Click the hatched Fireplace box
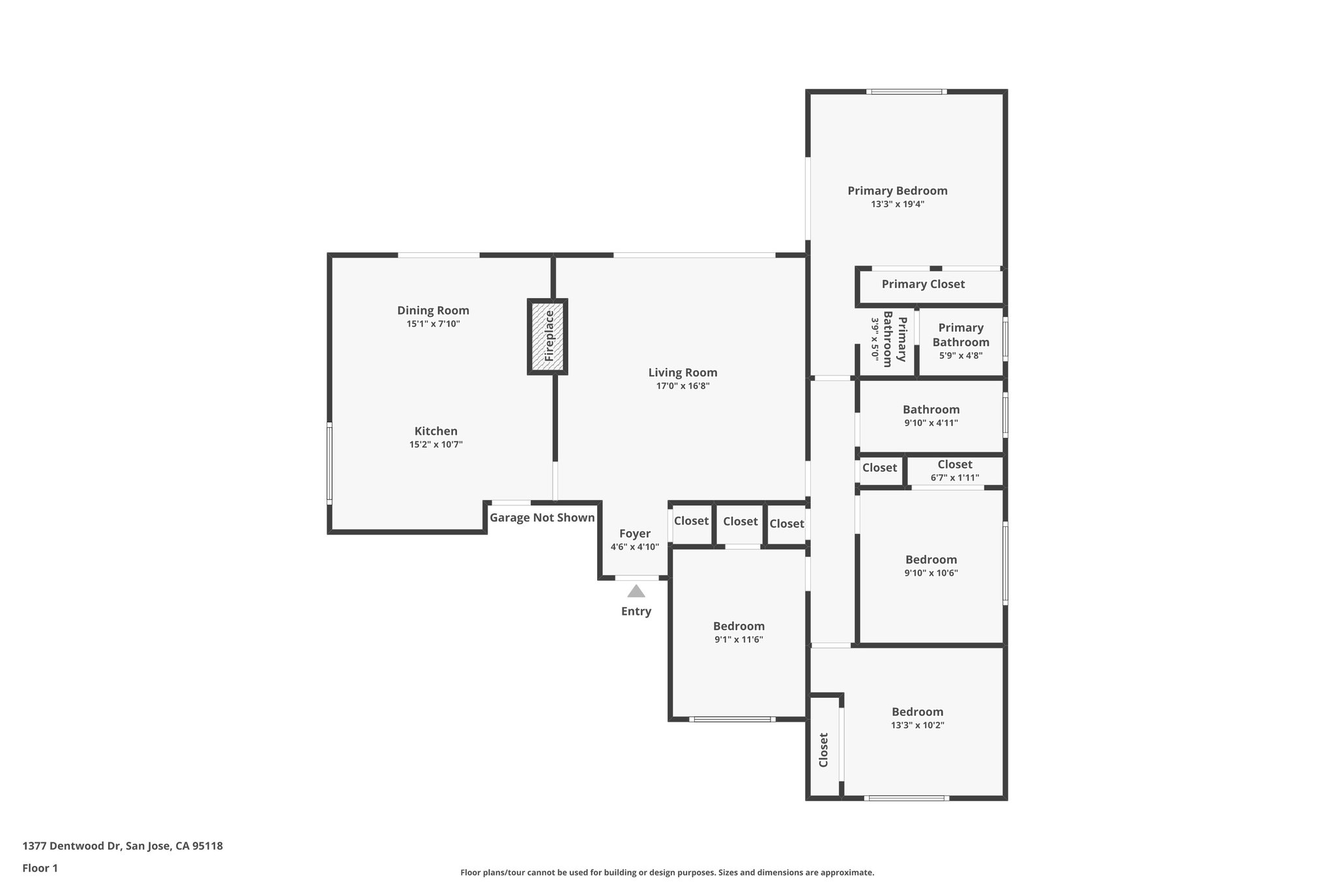click(x=547, y=336)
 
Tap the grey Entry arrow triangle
click(x=636, y=591)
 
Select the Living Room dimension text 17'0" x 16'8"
click(x=682, y=386)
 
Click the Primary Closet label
click(x=923, y=284)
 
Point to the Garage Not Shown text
click(x=542, y=518)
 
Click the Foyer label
click(x=634, y=533)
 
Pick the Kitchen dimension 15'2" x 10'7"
click(x=435, y=445)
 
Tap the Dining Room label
click(x=433, y=310)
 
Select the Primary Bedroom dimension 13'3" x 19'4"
click(x=897, y=204)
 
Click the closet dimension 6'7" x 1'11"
click(x=954, y=478)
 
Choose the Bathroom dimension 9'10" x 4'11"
click(x=930, y=423)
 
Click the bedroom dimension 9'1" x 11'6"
click(x=739, y=640)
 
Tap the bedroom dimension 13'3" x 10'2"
click(x=917, y=725)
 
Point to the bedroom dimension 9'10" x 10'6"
click(x=931, y=573)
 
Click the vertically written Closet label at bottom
click(x=823, y=750)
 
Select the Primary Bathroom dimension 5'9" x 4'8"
click(x=960, y=356)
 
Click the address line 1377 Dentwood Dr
click(x=123, y=846)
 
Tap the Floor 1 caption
click(x=40, y=868)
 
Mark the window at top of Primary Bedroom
click(x=907, y=92)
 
